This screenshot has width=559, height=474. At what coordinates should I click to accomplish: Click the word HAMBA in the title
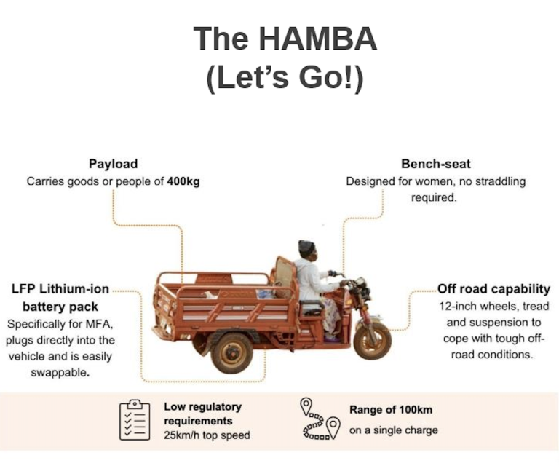[317, 39]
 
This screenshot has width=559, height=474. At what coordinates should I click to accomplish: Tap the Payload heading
[113, 164]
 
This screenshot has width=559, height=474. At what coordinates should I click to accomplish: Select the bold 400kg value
[183, 181]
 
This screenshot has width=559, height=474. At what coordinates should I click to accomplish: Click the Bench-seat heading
[436, 164]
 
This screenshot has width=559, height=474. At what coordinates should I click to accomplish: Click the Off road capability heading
[493, 288]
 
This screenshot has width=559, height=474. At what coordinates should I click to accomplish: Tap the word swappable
[60, 373]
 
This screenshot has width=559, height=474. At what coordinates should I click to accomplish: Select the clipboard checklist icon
[135, 420]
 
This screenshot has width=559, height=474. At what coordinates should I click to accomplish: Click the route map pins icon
[320, 419]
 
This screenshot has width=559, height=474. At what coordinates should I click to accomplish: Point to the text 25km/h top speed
[207, 435]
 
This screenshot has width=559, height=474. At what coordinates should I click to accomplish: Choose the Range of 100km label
[391, 410]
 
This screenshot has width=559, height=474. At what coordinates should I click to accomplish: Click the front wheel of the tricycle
[372, 341]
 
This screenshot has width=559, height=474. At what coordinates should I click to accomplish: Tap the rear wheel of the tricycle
[231, 352]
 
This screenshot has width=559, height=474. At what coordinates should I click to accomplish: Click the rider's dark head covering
[306, 246]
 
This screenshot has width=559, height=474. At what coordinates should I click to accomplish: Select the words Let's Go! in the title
[285, 78]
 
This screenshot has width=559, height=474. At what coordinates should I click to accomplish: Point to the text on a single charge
[394, 430]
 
